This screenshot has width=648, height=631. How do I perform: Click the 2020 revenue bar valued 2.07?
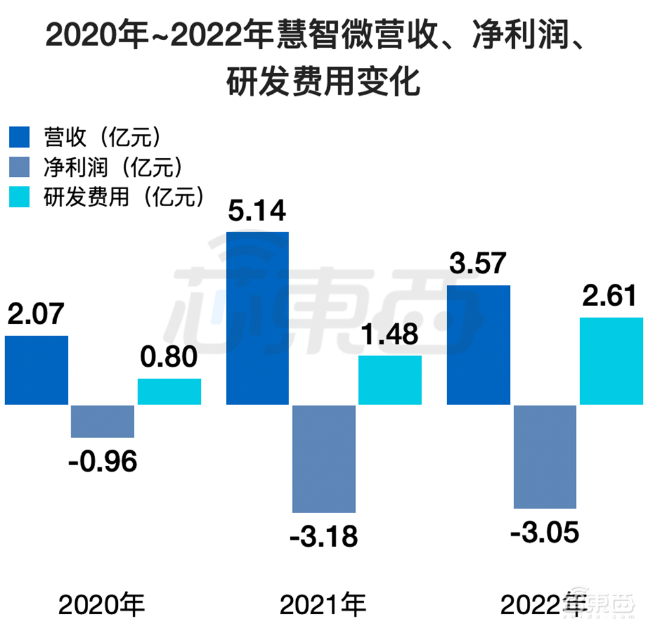[36, 370]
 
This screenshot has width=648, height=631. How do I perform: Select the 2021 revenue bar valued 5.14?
[257, 318]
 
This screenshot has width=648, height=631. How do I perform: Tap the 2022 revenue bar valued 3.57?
[479, 345]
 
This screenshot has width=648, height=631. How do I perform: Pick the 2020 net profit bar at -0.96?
[102, 421]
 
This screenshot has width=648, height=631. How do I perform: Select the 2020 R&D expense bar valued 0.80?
[169, 392]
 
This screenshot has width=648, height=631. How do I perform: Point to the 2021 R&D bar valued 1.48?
[390, 380]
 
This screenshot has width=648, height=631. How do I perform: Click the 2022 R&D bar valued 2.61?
[611, 361]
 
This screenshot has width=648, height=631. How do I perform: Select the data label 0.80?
[169, 358]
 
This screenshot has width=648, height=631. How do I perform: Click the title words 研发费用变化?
[323, 83]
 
